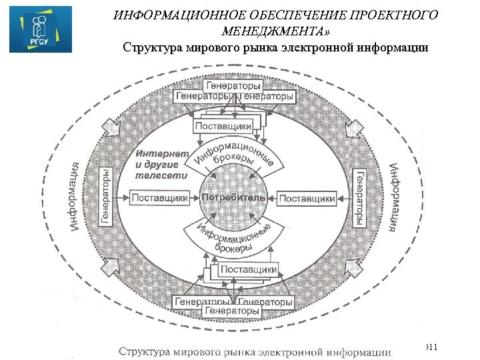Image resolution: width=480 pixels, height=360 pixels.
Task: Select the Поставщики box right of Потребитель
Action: coord(307,198)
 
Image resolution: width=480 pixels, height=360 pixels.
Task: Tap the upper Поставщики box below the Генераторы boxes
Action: coord(223,125)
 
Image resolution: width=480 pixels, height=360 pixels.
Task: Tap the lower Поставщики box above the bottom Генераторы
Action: coord(249,269)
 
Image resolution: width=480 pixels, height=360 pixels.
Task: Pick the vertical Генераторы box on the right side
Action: coord(359,197)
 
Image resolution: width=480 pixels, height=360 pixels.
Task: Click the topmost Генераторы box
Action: coord(233,85)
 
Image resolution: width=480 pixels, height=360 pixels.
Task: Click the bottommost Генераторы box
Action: coord(232,311)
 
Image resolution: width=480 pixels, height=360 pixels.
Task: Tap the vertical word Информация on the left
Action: coord(77,197)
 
